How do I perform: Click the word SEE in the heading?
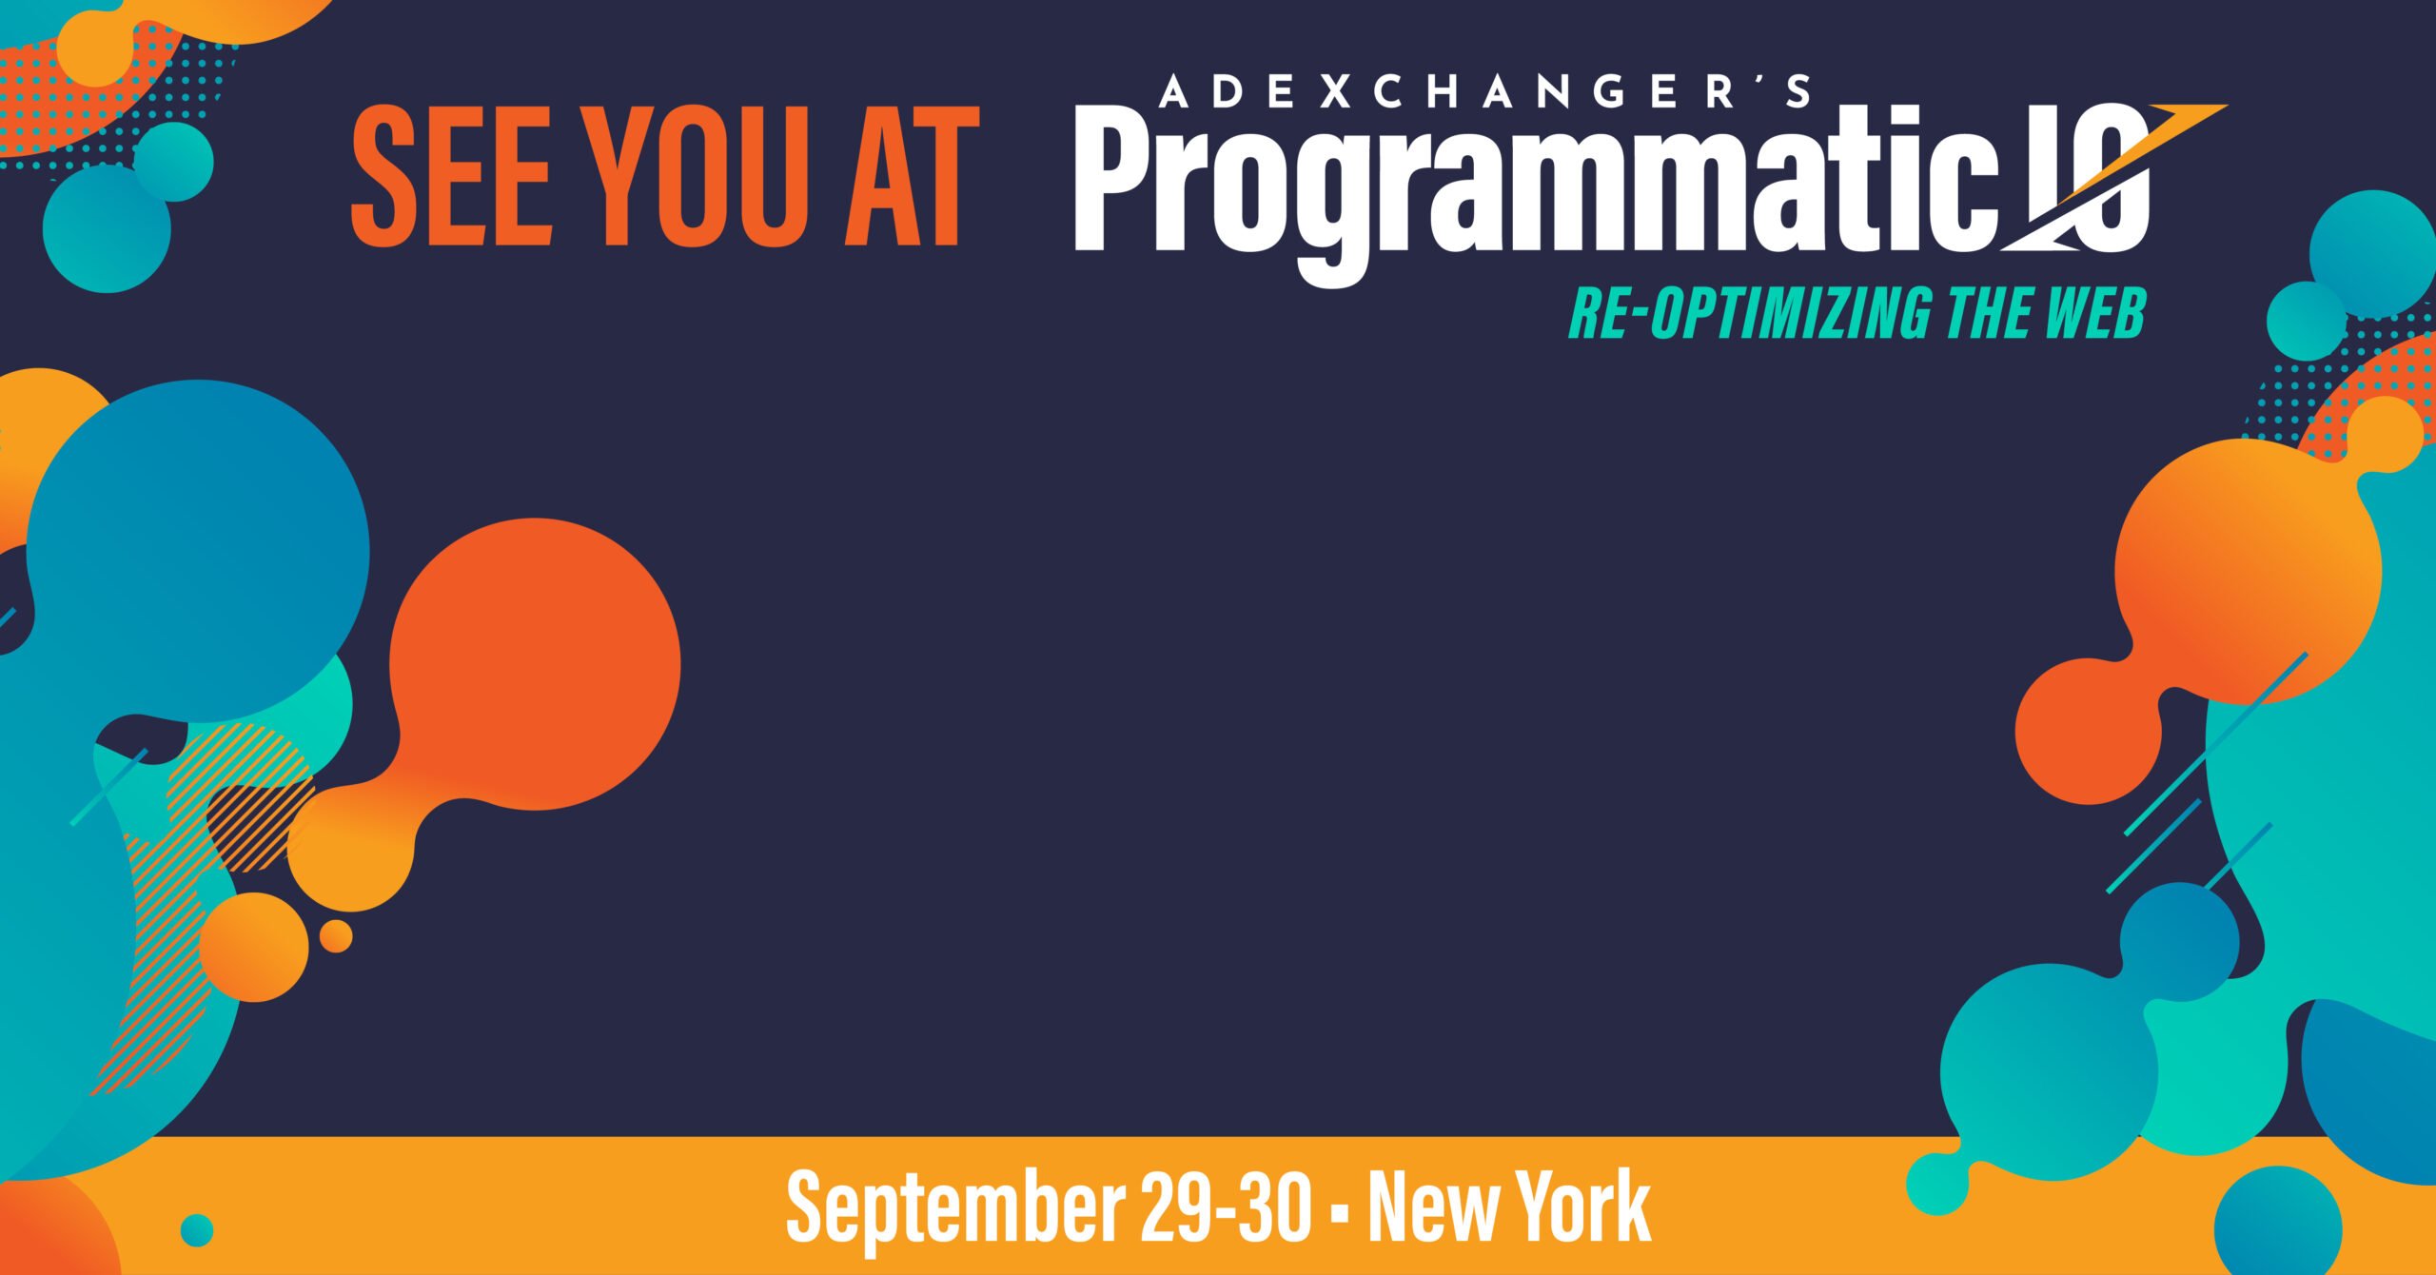pyautogui.click(x=451, y=175)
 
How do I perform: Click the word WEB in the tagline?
pyautogui.click(x=2094, y=312)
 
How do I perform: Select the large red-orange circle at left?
pyautogui.click(x=535, y=664)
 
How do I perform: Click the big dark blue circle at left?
pyautogui.click(x=198, y=553)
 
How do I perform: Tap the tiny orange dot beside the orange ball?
pyautogui.click(x=335, y=936)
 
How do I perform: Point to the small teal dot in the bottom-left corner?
pyautogui.click(x=197, y=1230)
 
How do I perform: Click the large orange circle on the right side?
pyautogui.click(x=2248, y=572)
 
